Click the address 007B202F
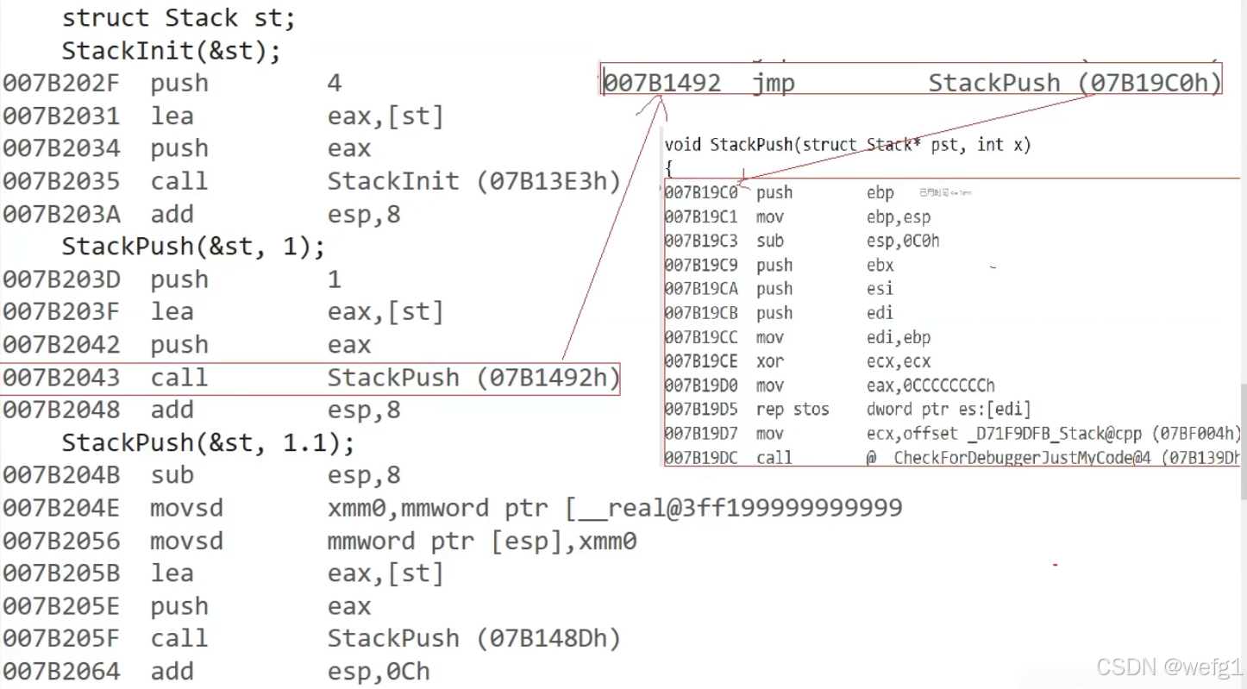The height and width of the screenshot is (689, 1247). [61, 84]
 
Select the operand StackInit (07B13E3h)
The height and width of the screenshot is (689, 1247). [473, 182]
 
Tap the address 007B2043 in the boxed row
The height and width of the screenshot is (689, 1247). [61, 379]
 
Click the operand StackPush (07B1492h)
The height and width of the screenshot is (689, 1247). [473, 379]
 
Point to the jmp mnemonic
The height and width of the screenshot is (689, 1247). [773, 84]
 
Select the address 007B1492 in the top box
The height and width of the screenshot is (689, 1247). [662, 84]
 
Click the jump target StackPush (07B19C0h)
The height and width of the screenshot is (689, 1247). [1075, 84]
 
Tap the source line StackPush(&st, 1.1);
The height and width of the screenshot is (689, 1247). [208, 443]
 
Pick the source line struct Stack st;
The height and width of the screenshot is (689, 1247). [179, 18]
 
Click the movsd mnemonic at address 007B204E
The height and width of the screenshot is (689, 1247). [186, 509]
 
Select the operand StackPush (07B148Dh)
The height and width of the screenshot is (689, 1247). [473, 640]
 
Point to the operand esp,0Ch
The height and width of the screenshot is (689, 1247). [379, 673]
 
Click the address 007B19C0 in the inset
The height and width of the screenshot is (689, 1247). [701, 193]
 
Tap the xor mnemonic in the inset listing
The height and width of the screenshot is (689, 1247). [769, 362]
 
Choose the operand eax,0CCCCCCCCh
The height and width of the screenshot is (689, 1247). [931, 386]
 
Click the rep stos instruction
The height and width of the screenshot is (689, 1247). [793, 410]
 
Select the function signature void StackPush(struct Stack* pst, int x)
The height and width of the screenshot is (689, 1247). [848, 145]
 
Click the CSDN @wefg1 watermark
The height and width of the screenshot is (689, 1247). [1169, 667]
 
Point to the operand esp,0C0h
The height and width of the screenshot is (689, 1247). [903, 241]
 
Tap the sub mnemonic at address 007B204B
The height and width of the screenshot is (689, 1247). [172, 476]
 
